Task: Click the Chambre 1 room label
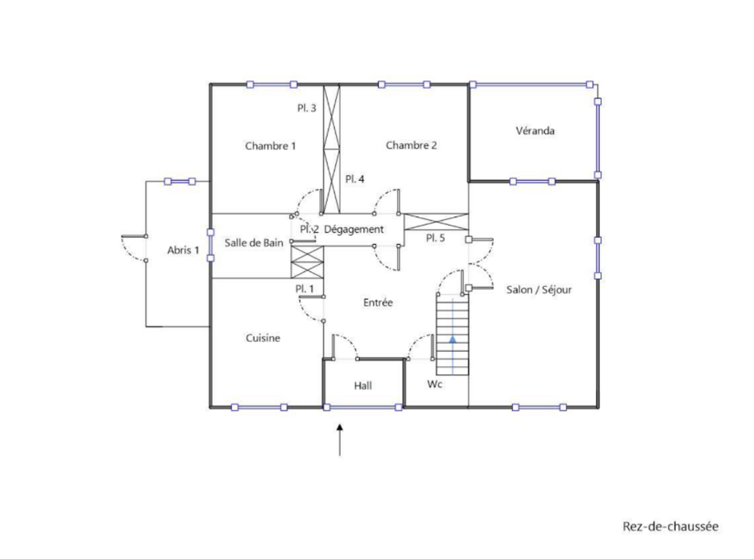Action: (x=270, y=146)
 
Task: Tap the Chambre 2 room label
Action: (x=411, y=145)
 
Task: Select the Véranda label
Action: (x=535, y=130)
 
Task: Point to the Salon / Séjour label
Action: (x=539, y=290)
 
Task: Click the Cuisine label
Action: (x=263, y=338)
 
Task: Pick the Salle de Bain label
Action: (x=254, y=243)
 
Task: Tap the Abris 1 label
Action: (x=183, y=250)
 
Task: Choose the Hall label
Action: (x=363, y=386)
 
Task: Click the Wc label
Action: (x=435, y=384)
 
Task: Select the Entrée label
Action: (x=378, y=302)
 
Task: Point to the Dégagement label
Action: (x=353, y=230)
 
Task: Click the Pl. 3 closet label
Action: (x=306, y=108)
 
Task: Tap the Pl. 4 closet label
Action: (x=354, y=179)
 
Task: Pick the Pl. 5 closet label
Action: (x=435, y=238)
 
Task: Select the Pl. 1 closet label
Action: (x=304, y=289)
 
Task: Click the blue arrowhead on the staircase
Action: (x=453, y=339)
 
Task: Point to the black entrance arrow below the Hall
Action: (x=340, y=439)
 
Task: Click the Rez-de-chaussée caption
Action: (x=670, y=526)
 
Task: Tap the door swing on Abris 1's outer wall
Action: (x=133, y=248)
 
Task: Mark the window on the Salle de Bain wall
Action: (x=211, y=245)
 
